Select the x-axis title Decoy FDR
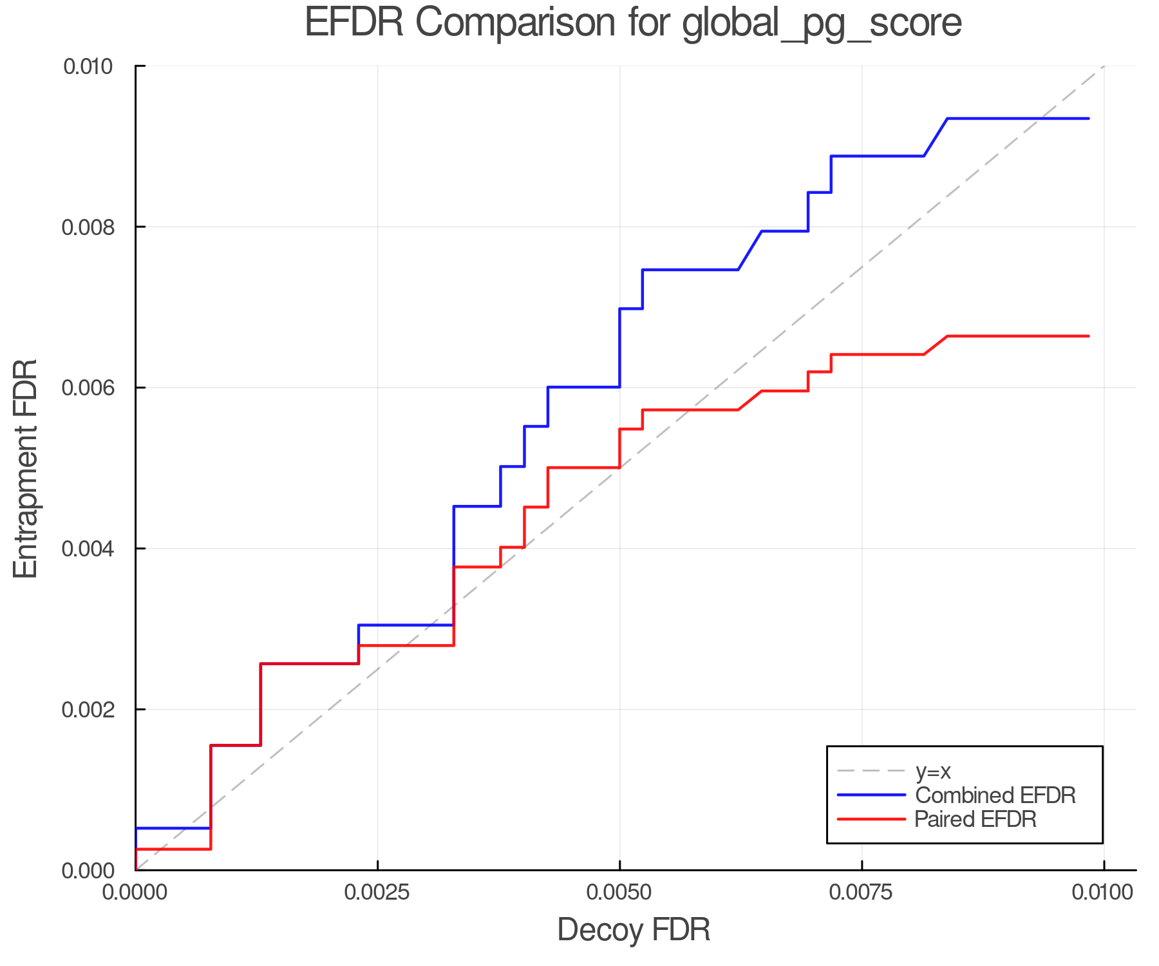click(x=634, y=930)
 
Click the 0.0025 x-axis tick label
click(x=377, y=893)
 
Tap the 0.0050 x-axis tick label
click(x=619, y=893)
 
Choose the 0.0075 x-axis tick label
click(x=862, y=893)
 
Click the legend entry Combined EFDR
click(x=995, y=795)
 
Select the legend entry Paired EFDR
click(x=975, y=819)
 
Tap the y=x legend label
click(x=933, y=772)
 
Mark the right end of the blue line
click(x=1088, y=118)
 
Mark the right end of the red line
click(x=1088, y=336)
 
